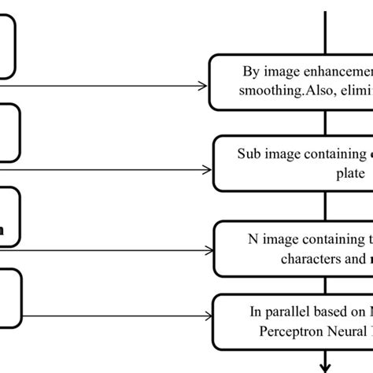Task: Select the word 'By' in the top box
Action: point(250,72)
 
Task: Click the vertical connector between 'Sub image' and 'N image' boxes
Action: point(325,206)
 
